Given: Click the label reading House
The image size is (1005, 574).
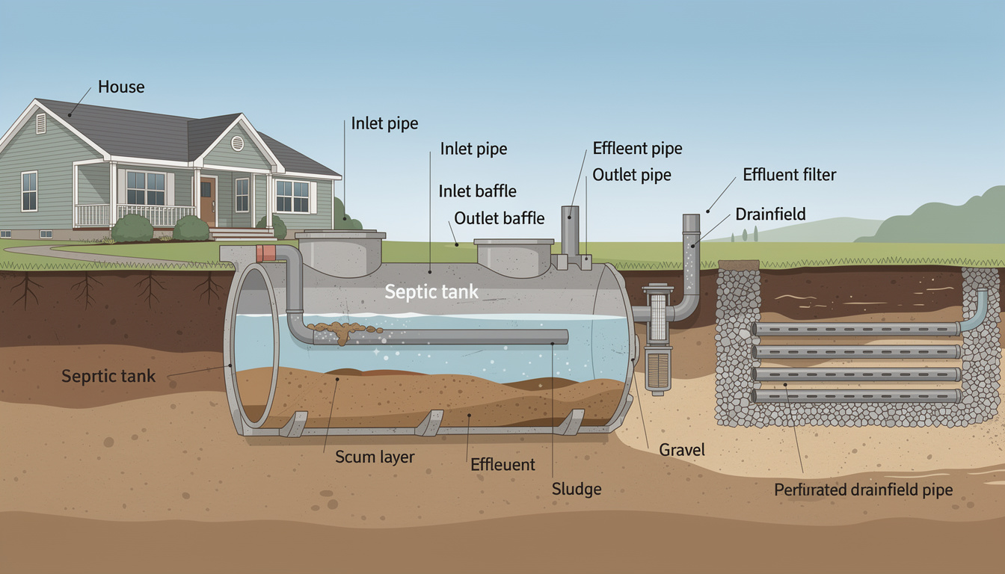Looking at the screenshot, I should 122,87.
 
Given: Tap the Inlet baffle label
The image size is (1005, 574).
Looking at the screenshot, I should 477,191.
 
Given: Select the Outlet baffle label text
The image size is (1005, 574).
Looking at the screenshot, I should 500,218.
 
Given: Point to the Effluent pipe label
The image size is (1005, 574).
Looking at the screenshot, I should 637,148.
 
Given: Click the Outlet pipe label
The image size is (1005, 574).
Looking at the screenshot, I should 632,176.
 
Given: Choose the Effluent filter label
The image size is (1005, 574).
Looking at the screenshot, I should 789,175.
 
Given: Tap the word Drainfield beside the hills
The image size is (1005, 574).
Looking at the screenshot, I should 770,215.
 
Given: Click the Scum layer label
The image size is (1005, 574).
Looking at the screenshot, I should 375,457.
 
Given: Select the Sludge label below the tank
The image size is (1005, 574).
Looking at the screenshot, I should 577,490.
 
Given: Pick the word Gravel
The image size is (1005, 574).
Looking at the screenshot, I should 682,450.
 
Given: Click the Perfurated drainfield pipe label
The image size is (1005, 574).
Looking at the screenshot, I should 864,490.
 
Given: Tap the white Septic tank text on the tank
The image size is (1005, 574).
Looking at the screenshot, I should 431,291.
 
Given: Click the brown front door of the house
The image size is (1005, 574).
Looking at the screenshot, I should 207,200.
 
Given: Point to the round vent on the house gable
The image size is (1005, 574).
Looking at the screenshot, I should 237,143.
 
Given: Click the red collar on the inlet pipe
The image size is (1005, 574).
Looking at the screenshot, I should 265,254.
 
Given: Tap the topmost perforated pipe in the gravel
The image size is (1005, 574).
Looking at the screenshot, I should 855,329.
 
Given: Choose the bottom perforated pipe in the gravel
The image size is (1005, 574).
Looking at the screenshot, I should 855,396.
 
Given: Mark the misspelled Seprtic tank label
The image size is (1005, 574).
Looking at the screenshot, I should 109,375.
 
